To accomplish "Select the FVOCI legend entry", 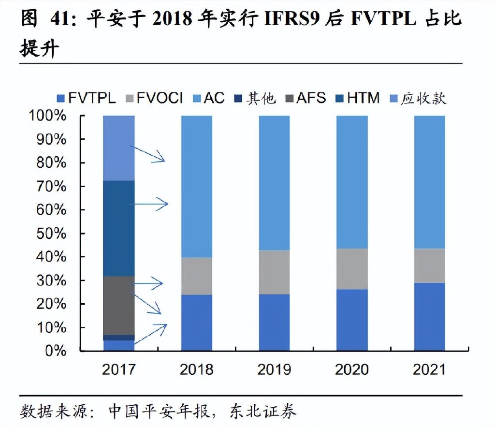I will pyautogui.click(x=154, y=98).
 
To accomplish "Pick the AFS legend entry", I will pyautogui.click(x=305, y=98).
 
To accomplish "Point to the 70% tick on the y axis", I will pyautogui.click(x=50, y=186).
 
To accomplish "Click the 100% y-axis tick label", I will pyautogui.click(x=47, y=116).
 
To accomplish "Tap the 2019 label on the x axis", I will pyautogui.click(x=274, y=369).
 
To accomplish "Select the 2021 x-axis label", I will pyautogui.click(x=429, y=369).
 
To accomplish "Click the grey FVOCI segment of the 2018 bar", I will pyautogui.click(x=197, y=276).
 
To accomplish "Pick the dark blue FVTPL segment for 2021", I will pyautogui.click(x=429, y=317).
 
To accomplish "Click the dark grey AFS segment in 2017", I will pyautogui.click(x=118, y=305).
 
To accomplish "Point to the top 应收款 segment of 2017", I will pyautogui.click(x=118, y=148).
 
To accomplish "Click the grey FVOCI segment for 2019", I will pyautogui.click(x=274, y=272).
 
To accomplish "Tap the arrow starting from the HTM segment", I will pyautogui.click(x=150, y=204).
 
